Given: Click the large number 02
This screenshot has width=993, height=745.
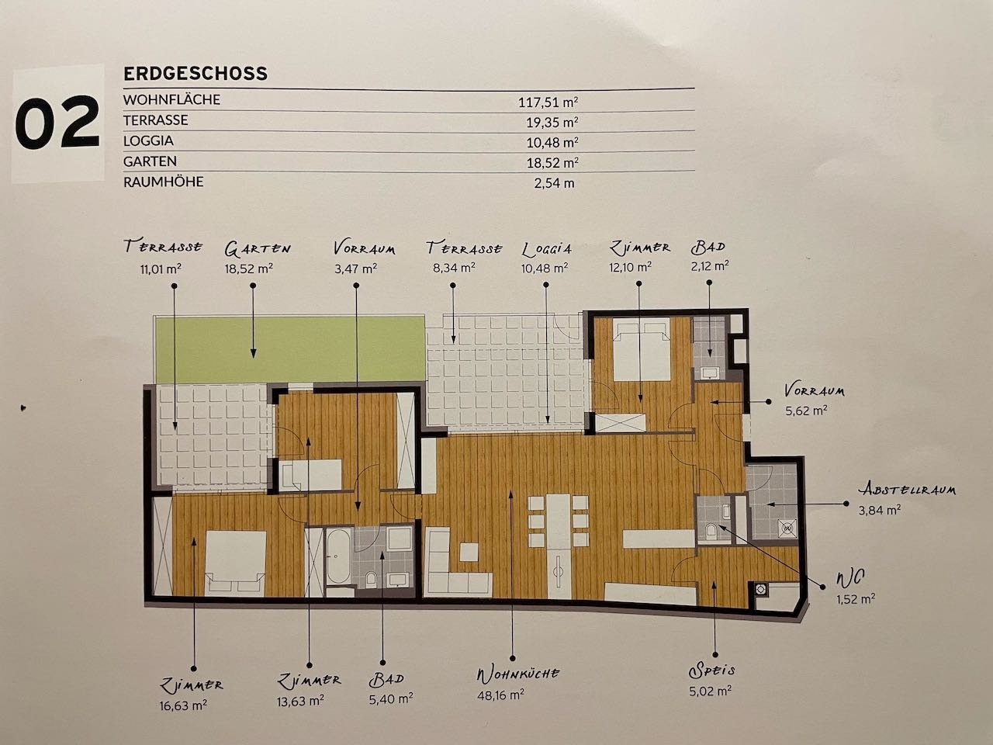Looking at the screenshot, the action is pos(57,123).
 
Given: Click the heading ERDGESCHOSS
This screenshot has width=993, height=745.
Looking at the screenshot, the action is pos(195,74).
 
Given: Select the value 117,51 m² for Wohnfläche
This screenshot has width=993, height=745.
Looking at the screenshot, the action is pos(548,102).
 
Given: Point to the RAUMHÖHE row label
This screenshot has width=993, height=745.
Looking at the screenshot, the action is pos(164,182).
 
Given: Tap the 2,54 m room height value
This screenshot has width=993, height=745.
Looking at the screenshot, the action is pos(554,183).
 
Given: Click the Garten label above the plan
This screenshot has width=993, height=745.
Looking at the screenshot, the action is pos(258,248).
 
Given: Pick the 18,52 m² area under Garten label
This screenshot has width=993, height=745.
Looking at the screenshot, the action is pos(249,269).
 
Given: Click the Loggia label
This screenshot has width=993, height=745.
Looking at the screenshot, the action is pos(546,249).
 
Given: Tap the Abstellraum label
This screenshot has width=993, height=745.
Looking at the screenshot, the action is pos(907,490).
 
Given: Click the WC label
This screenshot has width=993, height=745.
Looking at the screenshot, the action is pos(850,577).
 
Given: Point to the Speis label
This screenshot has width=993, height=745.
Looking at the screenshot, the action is pos(711,670).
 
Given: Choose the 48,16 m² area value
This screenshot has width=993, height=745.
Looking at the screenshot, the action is pos(501,695).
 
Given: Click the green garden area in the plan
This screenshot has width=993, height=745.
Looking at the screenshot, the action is pos(289,348).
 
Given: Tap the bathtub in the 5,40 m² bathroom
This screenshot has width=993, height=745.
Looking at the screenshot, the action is pos(338,556).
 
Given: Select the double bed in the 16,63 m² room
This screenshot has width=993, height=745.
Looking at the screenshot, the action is pos(235,563).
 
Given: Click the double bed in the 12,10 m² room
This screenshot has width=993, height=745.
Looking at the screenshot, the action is pos(641,348).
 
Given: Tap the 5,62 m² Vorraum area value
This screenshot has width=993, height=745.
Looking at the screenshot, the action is pos(807,411).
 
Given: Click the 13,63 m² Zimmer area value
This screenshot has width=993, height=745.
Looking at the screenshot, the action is pos(300,701).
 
